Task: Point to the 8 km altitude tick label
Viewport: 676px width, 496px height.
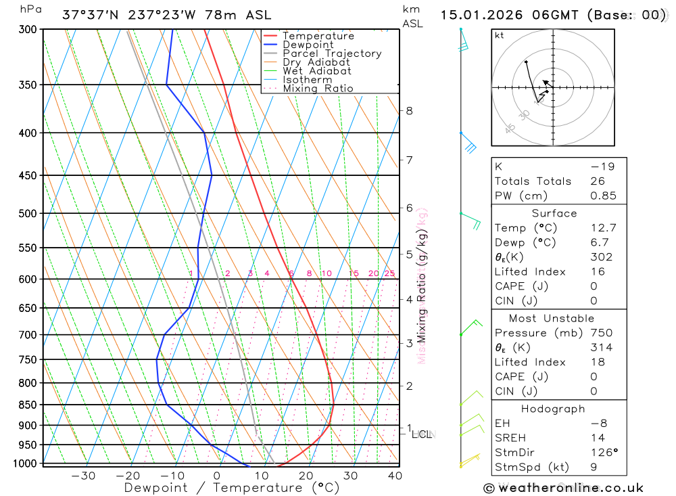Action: (x=409, y=110)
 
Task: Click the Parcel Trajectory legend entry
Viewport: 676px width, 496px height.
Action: (x=331, y=53)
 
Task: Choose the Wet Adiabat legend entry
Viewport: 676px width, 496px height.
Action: (x=316, y=71)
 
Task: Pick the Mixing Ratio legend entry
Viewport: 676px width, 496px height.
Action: (x=318, y=89)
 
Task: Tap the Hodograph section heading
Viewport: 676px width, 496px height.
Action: (x=553, y=409)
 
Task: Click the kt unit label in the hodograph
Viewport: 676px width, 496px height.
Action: (x=500, y=36)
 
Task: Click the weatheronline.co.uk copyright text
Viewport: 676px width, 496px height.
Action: (x=563, y=488)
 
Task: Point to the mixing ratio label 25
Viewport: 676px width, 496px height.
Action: (x=389, y=273)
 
